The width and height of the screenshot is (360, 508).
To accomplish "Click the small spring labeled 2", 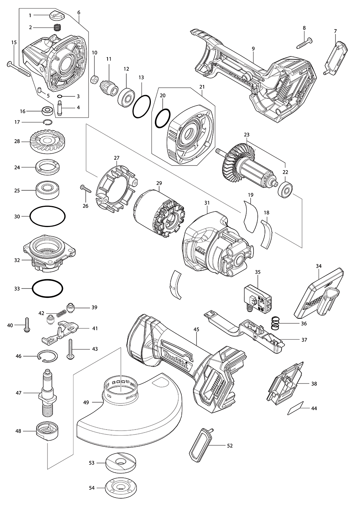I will point(57,27).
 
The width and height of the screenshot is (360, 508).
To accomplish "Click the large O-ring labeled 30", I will point(48,217).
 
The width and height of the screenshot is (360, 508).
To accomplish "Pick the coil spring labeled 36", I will point(275,323).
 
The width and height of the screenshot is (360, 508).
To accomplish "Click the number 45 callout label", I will point(196,329).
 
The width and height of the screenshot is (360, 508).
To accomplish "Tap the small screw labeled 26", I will point(83,187).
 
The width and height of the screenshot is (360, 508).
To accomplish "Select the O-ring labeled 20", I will point(163,118).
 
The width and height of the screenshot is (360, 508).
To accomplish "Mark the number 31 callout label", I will point(207,203).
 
